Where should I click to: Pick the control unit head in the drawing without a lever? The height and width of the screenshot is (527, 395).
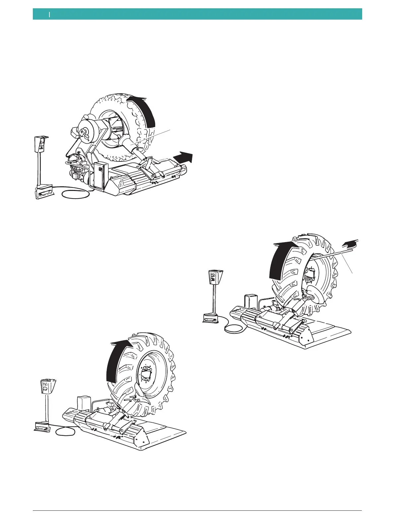[x=47, y=387]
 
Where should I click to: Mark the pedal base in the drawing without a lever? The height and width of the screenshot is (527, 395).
[x=42, y=426]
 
